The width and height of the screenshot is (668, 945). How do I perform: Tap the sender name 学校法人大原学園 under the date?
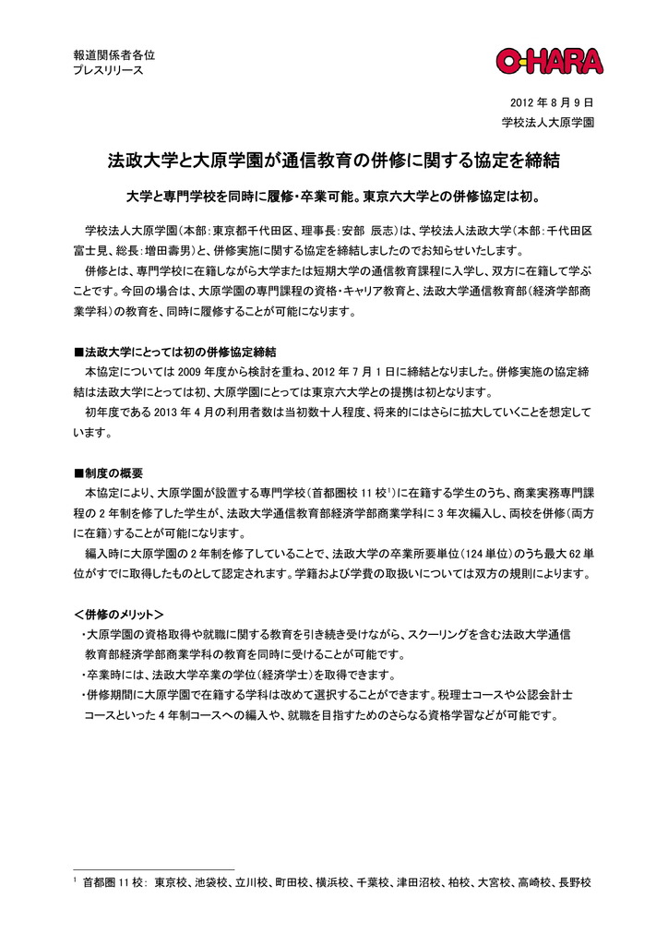coord(547,122)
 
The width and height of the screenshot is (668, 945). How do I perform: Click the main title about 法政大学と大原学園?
coord(333,163)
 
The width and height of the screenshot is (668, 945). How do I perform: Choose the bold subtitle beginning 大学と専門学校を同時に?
coord(333,197)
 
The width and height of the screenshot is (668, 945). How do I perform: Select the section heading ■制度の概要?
coord(108,472)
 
